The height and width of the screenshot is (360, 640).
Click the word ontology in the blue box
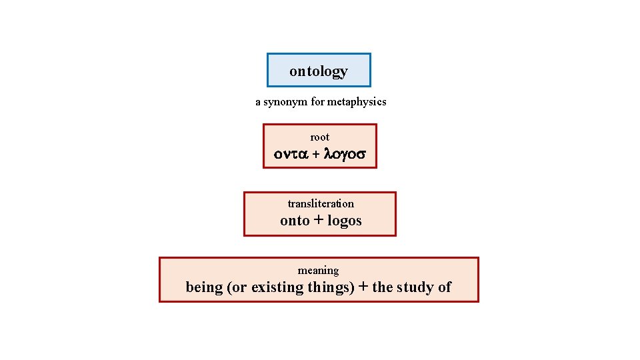319,71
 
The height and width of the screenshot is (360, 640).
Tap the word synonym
285,102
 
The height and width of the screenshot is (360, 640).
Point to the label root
320,137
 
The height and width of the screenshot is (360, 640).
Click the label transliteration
321,203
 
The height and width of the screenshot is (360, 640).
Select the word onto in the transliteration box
295,221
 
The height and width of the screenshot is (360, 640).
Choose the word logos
345,221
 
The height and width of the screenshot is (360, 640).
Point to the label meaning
318,270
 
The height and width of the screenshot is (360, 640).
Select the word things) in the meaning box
330,287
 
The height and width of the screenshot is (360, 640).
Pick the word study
414,287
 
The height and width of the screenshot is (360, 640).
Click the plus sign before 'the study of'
363,287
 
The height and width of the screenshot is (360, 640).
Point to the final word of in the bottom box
444,287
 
